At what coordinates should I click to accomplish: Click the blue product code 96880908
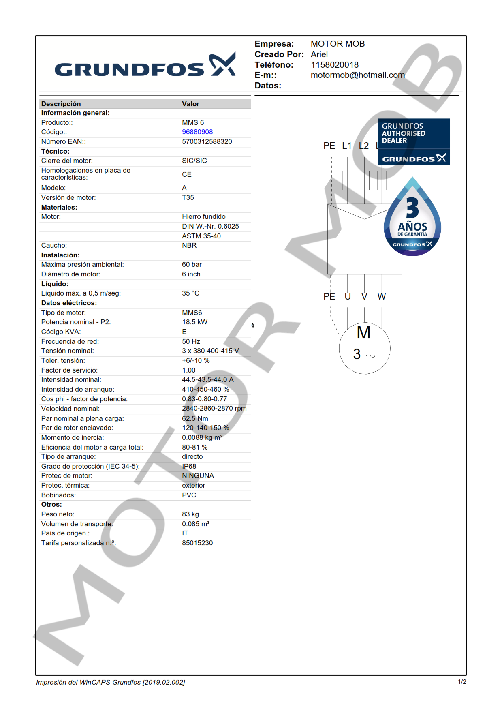click(197, 132)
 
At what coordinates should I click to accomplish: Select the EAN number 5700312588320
click(207, 142)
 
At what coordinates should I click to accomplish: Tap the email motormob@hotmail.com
click(357, 75)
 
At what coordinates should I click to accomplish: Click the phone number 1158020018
click(334, 65)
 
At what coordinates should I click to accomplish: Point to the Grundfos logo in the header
click(145, 65)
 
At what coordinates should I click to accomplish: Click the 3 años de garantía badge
click(412, 219)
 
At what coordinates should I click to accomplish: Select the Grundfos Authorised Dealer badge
click(413, 141)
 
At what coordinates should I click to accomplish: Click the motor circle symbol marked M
click(364, 348)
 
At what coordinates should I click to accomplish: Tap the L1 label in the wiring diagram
click(347, 146)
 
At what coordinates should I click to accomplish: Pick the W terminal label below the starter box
click(381, 297)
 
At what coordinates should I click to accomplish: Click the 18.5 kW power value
click(194, 322)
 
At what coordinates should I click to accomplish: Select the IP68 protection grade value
click(189, 467)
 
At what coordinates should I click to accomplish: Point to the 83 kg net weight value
click(190, 514)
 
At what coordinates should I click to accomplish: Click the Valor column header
click(190, 104)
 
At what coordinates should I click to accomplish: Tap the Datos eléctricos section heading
click(69, 303)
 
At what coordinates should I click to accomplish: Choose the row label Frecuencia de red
click(70, 342)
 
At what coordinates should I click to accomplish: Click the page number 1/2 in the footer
click(462, 682)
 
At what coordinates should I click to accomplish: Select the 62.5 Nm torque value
click(195, 419)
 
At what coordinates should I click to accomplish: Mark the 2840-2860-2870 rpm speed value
click(214, 409)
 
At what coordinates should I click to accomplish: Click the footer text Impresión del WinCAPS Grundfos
click(110, 682)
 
